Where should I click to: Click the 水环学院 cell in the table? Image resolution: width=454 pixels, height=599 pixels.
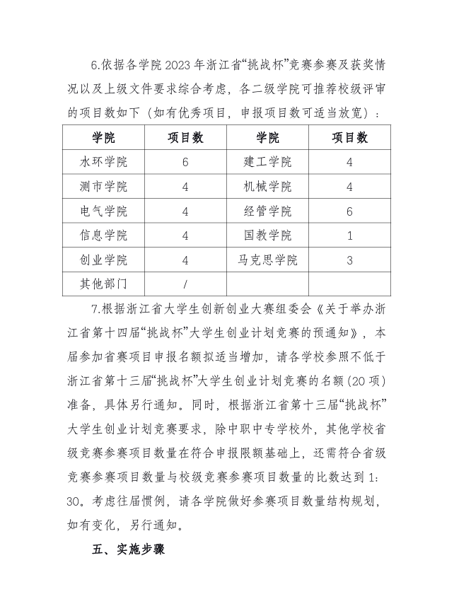pyautogui.click(x=104, y=162)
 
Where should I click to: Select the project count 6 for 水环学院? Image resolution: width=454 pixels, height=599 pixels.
pyautogui.click(x=185, y=162)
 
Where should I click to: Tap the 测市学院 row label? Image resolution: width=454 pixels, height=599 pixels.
pyautogui.click(x=104, y=187)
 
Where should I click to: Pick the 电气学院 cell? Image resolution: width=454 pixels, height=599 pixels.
pyautogui.click(x=104, y=211)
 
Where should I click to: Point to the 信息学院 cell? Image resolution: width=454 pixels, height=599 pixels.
pyautogui.click(x=104, y=235)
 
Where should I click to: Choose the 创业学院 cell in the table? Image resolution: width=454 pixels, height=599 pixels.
pyautogui.click(x=104, y=260)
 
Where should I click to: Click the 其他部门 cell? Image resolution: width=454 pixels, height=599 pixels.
pyautogui.click(x=104, y=284)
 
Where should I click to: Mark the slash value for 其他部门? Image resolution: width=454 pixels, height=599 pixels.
pyautogui.click(x=185, y=284)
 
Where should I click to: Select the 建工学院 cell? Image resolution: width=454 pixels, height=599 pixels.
pyautogui.click(x=267, y=162)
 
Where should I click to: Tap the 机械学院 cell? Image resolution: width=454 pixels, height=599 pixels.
pyautogui.click(x=267, y=187)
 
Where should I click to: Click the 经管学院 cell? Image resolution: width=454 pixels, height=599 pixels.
pyautogui.click(x=267, y=211)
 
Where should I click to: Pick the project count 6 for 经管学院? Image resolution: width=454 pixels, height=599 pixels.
pyautogui.click(x=349, y=211)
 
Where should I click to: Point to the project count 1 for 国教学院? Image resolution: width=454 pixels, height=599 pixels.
pyautogui.click(x=349, y=235)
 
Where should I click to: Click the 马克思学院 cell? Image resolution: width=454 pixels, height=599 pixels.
pyautogui.click(x=267, y=260)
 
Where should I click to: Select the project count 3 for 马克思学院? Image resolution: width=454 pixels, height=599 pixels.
pyautogui.click(x=349, y=260)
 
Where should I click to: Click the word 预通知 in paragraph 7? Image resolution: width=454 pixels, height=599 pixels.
pyautogui.click(x=340, y=332)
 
